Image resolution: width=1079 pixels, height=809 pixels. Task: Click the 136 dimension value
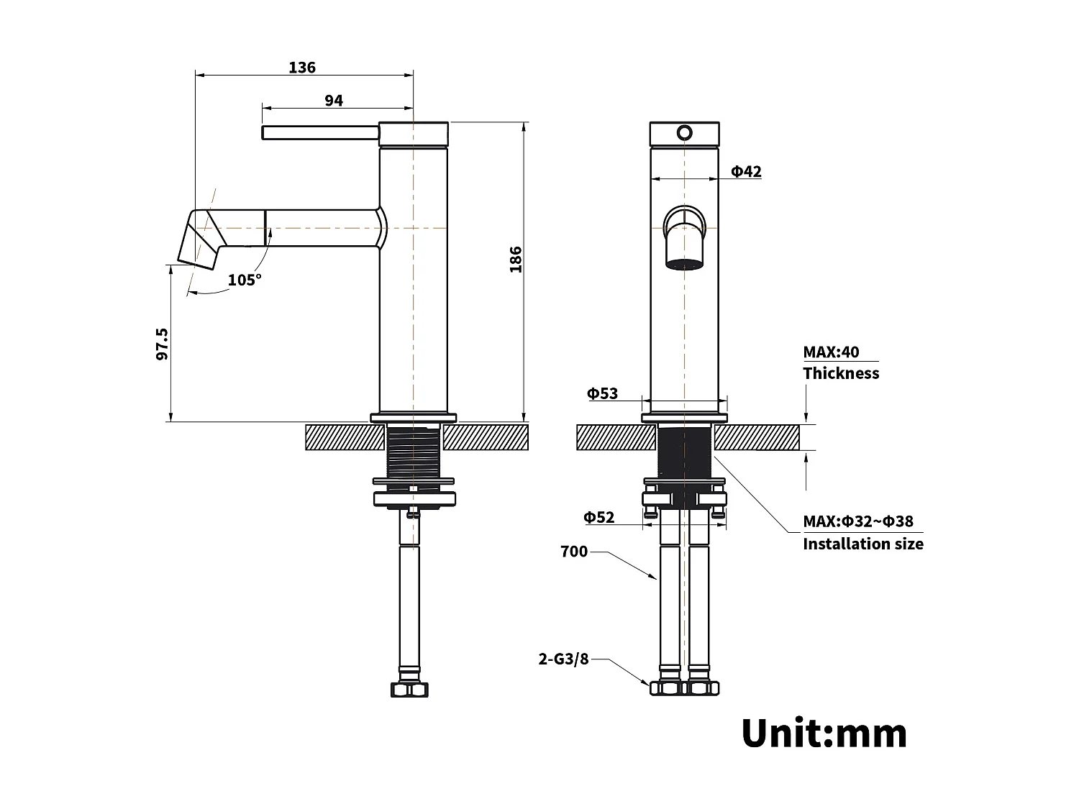[302, 68]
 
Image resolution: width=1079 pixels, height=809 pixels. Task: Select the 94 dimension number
[334, 101]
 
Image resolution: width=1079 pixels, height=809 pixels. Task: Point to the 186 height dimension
[516, 260]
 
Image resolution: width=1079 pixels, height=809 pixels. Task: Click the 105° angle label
[245, 280]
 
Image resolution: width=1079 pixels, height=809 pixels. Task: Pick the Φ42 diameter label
[746, 171]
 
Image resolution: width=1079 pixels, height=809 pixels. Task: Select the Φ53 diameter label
[602, 393]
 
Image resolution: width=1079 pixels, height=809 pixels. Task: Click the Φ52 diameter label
[598, 517]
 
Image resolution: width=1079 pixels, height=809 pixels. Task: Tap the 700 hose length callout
[574, 552]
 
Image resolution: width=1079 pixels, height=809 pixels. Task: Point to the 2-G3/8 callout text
[564, 659]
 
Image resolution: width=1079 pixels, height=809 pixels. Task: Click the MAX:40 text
[831, 352]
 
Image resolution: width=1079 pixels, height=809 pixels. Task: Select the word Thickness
[841, 373]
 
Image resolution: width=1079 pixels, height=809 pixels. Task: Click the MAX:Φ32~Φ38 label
[858, 521]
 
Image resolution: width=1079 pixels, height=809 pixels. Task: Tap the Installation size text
[862, 544]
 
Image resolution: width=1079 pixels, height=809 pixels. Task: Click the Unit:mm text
[824, 733]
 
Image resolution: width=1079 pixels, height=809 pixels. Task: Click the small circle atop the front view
[685, 133]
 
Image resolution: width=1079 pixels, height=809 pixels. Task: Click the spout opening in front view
[684, 262]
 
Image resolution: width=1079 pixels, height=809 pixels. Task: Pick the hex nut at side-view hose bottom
[409, 690]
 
